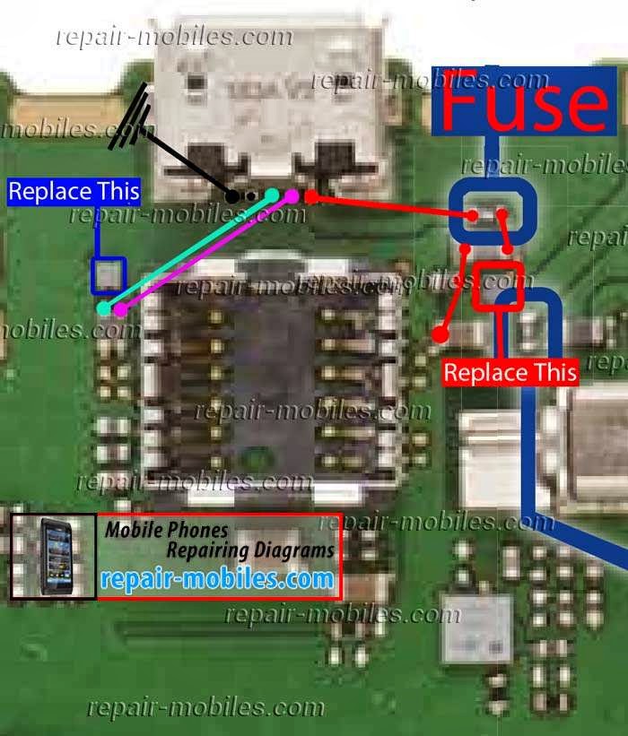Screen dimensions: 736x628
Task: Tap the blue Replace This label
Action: (74, 191)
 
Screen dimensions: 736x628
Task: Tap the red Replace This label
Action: (510, 371)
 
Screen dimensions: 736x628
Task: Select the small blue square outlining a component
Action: (109, 276)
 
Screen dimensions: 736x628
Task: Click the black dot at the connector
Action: (233, 195)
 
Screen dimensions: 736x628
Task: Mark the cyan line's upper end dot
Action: (272, 193)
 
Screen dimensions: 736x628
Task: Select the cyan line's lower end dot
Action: (104, 308)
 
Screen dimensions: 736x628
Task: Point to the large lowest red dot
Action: (440, 334)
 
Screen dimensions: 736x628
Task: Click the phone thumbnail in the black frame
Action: (53, 556)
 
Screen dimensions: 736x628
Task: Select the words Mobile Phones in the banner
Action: (166, 530)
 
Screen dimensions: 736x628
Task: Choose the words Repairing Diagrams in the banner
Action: (250, 550)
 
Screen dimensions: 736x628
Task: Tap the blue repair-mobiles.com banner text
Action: (217, 579)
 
